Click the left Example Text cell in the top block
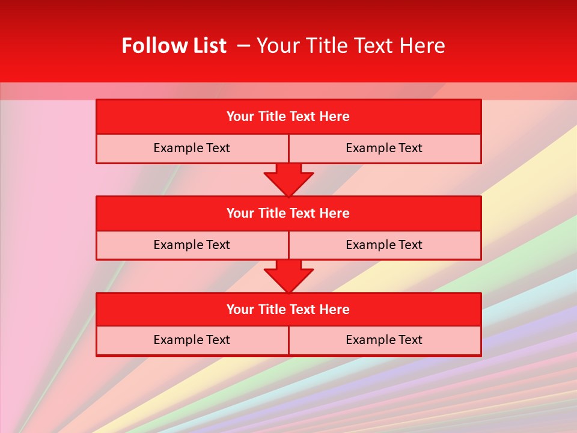[x=192, y=149]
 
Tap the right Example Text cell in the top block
[x=385, y=149]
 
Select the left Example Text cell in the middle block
[x=192, y=245]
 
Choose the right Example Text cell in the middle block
[x=385, y=245]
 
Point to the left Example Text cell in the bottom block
[x=192, y=340]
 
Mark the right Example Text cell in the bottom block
[x=385, y=340]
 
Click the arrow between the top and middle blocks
[x=288, y=179]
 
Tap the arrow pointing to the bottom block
[x=288, y=276]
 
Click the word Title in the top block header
[x=272, y=117]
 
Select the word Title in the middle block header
[x=272, y=213]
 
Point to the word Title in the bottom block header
[x=272, y=310]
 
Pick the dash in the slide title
[x=243, y=46]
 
